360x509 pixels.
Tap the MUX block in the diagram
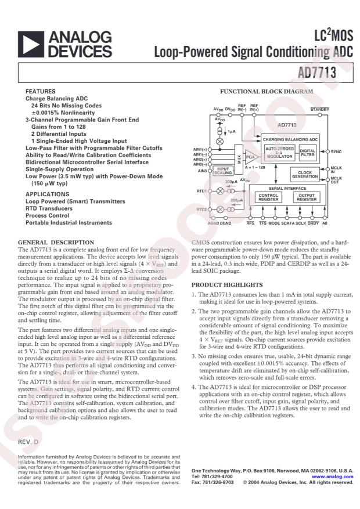[x=239, y=158]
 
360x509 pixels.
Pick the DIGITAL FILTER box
[x=308, y=153]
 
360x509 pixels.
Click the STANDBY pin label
[x=319, y=109]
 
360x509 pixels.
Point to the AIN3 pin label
[x=201, y=171]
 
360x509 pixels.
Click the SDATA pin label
[x=288, y=223]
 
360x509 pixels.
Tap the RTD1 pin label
[x=201, y=190]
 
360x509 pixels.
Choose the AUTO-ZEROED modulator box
[x=279, y=153]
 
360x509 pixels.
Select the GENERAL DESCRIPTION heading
[x=56, y=242]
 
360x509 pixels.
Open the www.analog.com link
[x=336, y=476]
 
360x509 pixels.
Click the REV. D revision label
[x=28, y=442]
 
